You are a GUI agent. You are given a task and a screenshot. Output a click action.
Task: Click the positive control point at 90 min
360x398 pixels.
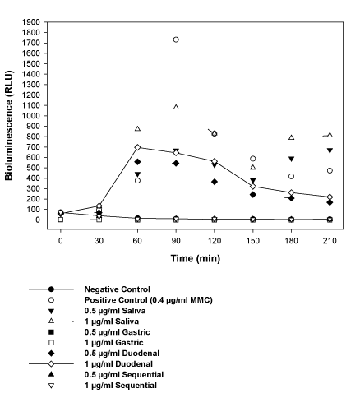click(x=176, y=39)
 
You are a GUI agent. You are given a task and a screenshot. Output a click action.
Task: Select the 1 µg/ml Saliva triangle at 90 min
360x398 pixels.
click(x=176, y=107)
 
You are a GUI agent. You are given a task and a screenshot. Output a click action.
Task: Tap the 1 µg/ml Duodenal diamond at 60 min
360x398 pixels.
click(x=137, y=147)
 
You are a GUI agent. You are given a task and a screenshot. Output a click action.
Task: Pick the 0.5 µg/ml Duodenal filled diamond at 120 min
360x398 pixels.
click(x=215, y=182)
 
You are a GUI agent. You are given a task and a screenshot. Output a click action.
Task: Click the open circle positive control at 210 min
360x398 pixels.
click(x=330, y=171)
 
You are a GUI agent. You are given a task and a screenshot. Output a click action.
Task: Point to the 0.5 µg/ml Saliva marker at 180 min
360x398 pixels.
click(x=291, y=159)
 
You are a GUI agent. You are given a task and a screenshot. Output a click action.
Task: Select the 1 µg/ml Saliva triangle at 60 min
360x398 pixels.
click(x=137, y=128)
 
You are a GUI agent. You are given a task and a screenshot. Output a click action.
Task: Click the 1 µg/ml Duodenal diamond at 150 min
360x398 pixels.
click(x=253, y=187)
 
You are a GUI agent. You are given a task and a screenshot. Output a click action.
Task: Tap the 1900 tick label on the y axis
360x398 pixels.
click(x=31, y=22)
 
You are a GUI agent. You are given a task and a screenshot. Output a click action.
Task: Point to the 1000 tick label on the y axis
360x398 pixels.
click(x=31, y=116)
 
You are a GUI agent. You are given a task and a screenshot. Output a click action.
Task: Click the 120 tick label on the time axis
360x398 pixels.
click(x=215, y=241)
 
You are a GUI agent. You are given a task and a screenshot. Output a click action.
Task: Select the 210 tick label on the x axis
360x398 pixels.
click(x=330, y=241)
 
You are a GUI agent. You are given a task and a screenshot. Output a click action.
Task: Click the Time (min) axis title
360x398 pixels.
click(x=196, y=258)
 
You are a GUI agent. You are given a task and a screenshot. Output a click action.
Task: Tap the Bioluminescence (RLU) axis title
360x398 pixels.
click(x=9, y=126)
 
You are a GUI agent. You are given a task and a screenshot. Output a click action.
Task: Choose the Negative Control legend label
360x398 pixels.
click(x=118, y=289)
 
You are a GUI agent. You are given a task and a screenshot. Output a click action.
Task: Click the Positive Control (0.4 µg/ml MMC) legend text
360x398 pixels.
click(x=149, y=300)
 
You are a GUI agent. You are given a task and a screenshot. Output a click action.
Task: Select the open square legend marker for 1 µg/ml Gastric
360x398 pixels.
click(x=51, y=343)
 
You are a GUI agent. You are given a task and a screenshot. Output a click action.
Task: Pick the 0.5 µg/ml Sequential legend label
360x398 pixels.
click(x=124, y=375)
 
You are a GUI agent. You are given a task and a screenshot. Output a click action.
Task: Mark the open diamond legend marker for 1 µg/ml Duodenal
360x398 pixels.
click(x=51, y=364)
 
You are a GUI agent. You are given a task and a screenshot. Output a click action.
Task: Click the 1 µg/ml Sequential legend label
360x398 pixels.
click(x=121, y=386)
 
